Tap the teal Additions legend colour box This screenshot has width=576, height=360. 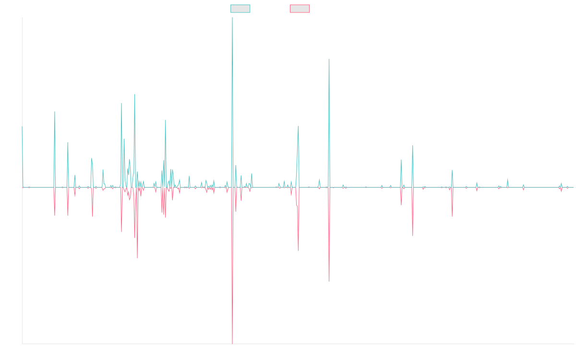[x=240, y=9]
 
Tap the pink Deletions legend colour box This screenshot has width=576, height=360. [x=300, y=9]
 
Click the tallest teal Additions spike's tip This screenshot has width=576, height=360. [x=232, y=18]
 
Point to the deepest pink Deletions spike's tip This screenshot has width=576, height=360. [x=232, y=344]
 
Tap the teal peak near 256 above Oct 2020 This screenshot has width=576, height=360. [x=329, y=60]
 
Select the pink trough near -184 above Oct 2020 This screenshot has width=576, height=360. [x=329, y=281]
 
